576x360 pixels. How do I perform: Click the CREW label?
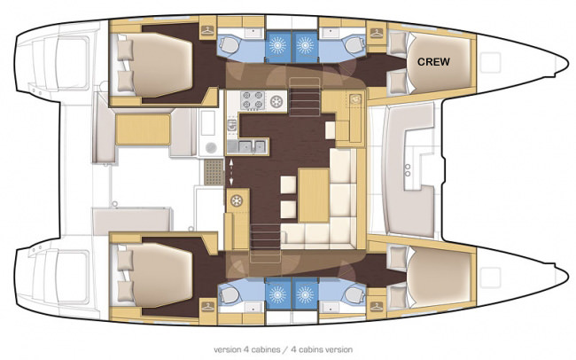pos(433,62)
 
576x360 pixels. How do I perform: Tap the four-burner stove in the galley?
pos(253,100)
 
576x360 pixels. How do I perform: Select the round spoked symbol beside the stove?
pos(276,100)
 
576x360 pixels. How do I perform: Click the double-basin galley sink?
pos(252,146)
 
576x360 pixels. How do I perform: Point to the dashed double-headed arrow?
pos(231,172)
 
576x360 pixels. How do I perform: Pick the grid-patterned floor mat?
pos(214,172)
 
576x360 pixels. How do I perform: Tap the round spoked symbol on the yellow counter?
pos(237,200)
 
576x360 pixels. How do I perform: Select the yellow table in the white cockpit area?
pos(143,129)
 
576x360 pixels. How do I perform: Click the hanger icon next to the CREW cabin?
pos(376,33)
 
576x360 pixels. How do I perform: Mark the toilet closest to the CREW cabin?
pos(354,45)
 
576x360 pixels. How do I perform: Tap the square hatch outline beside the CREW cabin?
pos(490,63)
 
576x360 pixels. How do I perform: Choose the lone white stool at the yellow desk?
pos(330,130)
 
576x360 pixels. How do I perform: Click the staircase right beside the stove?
pos(305,97)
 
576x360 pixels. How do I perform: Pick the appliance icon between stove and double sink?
pos(231,125)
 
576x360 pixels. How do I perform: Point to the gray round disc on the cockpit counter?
pos(211,147)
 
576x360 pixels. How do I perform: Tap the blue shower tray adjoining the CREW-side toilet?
pos(305,46)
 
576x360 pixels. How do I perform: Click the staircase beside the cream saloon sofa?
pos(265,243)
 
